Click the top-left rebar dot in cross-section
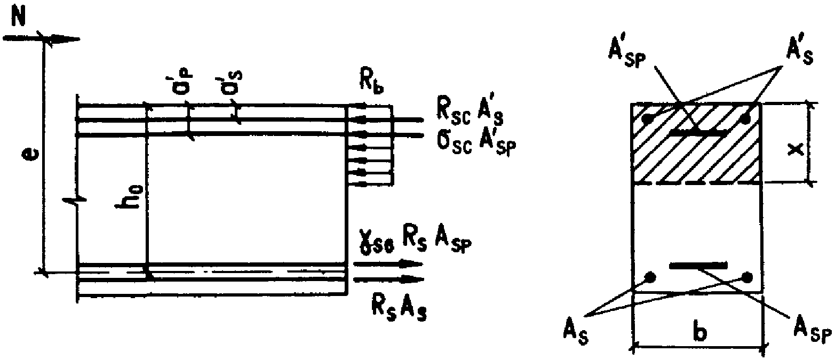(648, 118)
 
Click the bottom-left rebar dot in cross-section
(650, 277)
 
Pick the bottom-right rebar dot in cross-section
(747, 277)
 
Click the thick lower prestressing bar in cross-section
(699, 265)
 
